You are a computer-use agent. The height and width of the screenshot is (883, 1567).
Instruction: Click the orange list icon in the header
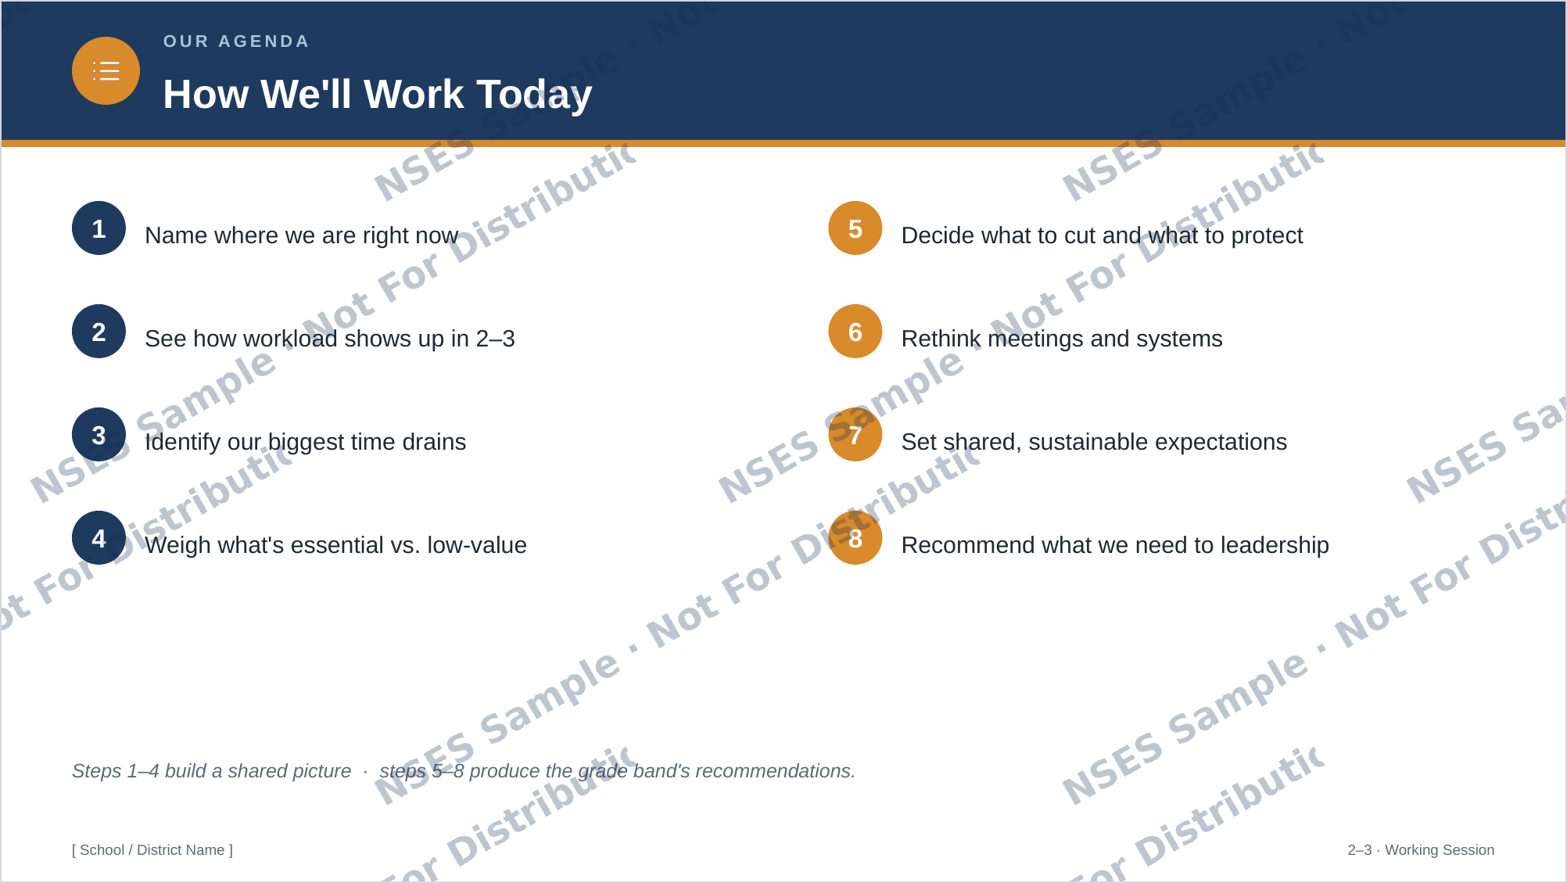tap(106, 71)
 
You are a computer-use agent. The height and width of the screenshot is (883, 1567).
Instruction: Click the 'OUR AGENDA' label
tap(236, 41)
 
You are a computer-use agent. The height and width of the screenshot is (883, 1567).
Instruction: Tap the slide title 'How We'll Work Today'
tap(378, 95)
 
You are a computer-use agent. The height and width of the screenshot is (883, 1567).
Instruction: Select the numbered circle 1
tap(99, 228)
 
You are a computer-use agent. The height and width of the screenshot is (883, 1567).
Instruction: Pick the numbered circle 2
tap(99, 332)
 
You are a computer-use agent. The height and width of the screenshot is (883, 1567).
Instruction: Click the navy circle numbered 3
tap(99, 435)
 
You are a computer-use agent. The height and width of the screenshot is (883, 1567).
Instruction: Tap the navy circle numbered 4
tap(99, 538)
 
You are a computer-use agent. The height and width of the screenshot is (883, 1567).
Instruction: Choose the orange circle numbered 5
tap(855, 228)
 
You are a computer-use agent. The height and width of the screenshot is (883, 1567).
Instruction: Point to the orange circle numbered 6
tap(855, 332)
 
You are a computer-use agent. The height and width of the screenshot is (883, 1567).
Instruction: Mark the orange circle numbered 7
tap(855, 435)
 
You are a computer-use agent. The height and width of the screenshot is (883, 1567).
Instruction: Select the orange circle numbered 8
tap(855, 538)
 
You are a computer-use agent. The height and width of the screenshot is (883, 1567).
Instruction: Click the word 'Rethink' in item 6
tap(941, 339)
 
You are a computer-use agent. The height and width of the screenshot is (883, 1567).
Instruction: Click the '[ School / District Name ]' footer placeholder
tap(152, 850)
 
